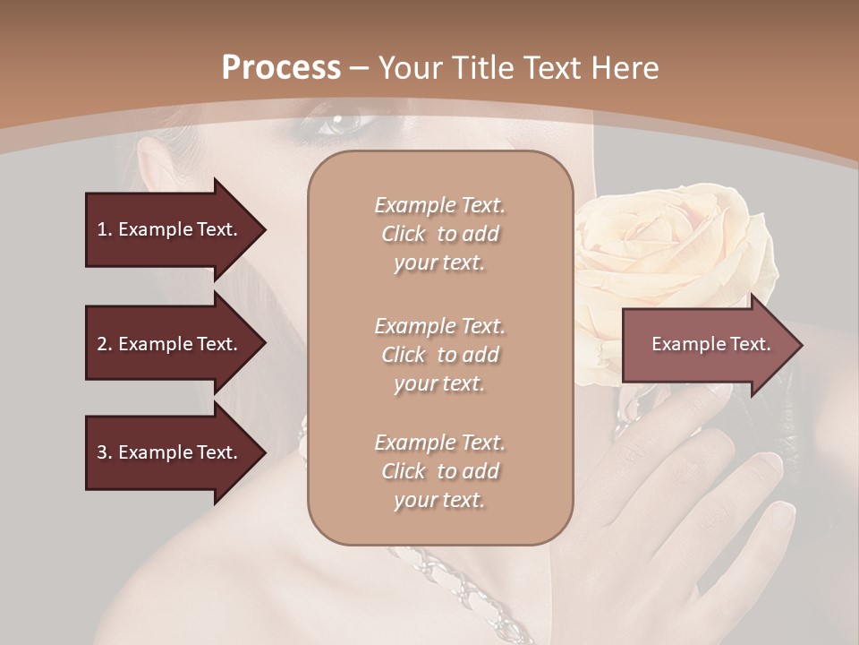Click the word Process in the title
coord(281,67)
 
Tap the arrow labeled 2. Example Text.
coord(170,344)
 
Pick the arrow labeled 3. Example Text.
coord(170,452)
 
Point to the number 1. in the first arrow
coord(105,230)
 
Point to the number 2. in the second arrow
coord(105,344)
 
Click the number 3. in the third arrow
coord(105,452)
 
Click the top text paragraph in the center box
coord(439,234)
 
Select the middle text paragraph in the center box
coord(439,355)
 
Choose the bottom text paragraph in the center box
coord(439,471)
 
